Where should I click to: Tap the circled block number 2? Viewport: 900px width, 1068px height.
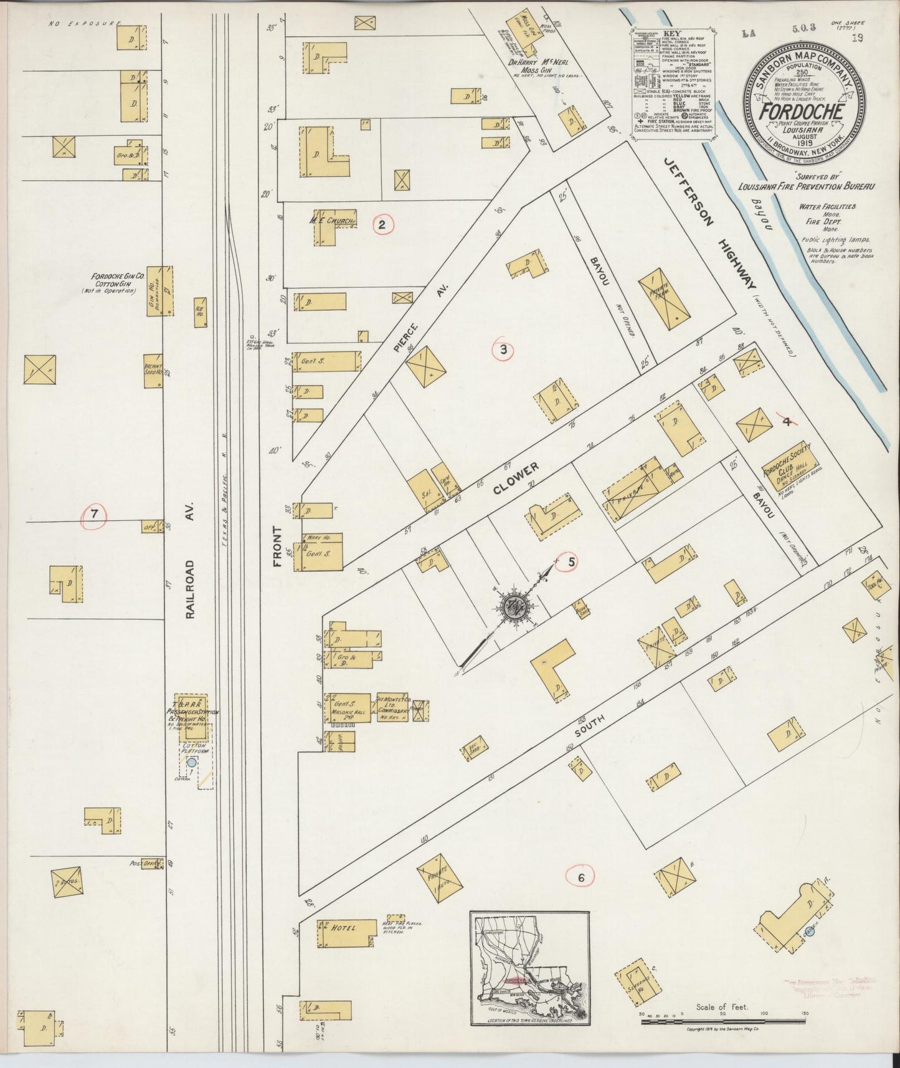click(x=382, y=225)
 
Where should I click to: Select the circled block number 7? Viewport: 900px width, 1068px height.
click(x=94, y=515)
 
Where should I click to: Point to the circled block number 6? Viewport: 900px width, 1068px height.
click(x=580, y=877)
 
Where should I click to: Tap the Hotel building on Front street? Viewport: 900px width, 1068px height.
click(x=346, y=932)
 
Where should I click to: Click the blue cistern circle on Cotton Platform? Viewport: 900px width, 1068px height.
click(x=192, y=761)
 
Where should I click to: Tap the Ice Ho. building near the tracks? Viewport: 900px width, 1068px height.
click(x=200, y=308)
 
